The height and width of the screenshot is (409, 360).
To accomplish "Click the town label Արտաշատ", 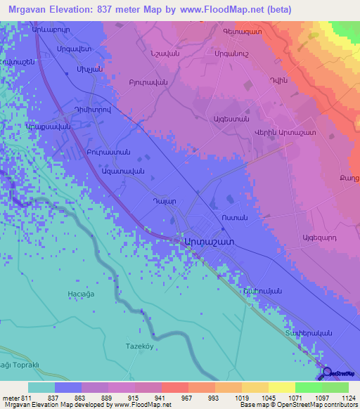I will click(x=208, y=240).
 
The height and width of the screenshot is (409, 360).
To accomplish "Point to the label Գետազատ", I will click(x=242, y=32).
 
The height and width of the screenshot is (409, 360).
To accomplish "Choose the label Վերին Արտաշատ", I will click(x=284, y=133).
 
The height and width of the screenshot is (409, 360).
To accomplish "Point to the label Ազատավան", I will click(x=123, y=171).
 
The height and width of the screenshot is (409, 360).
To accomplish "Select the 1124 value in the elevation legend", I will click(x=339, y=398).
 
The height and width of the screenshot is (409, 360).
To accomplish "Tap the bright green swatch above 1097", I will click(x=308, y=387).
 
